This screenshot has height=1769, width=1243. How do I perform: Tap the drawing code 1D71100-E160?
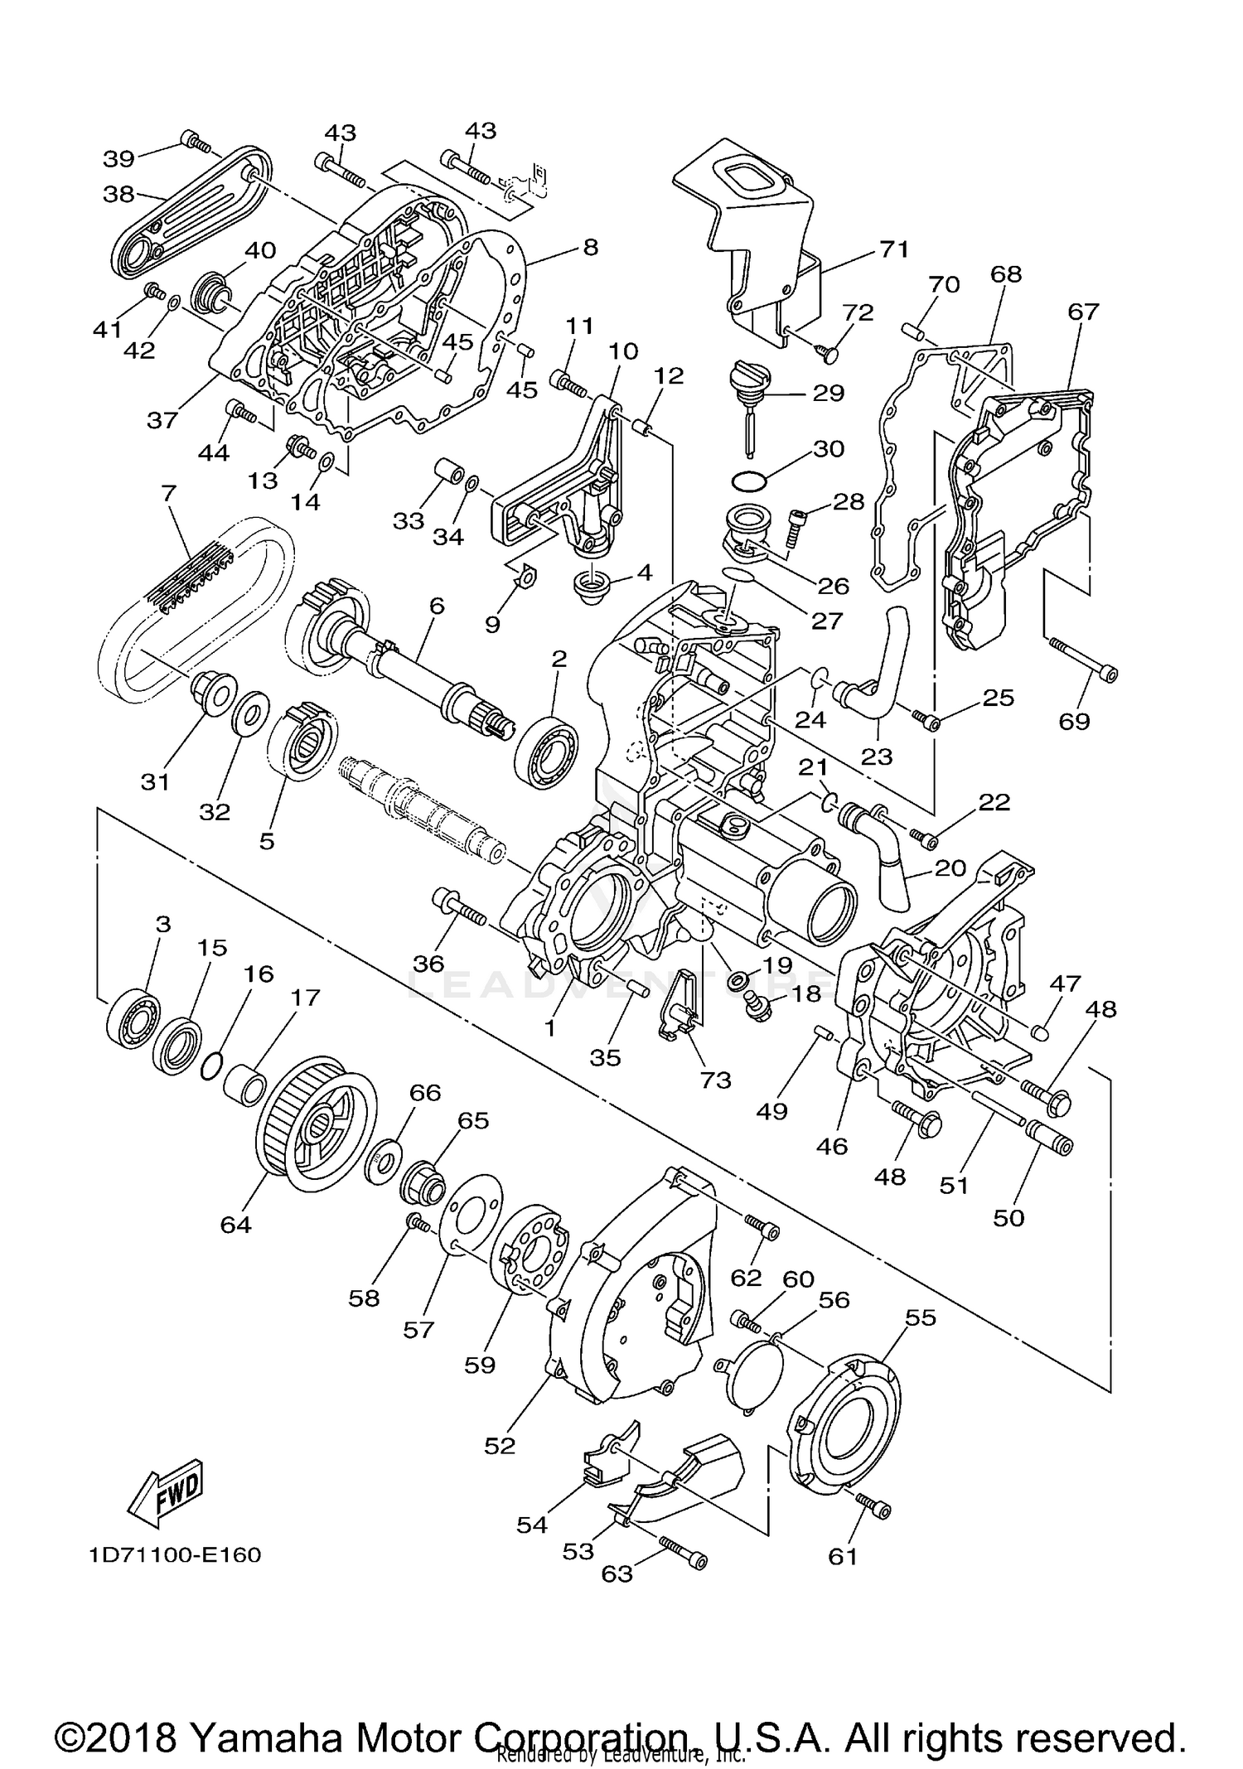pyautogui.click(x=175, y=1555)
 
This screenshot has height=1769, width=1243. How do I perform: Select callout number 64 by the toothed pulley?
pyautogui.click(x=235, y=1224)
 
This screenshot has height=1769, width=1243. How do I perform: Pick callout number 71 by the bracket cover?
pyautogui.click(x=894, y=249)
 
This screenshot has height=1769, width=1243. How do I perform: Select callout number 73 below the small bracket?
pyautogui.click(x=716, y=1080)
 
